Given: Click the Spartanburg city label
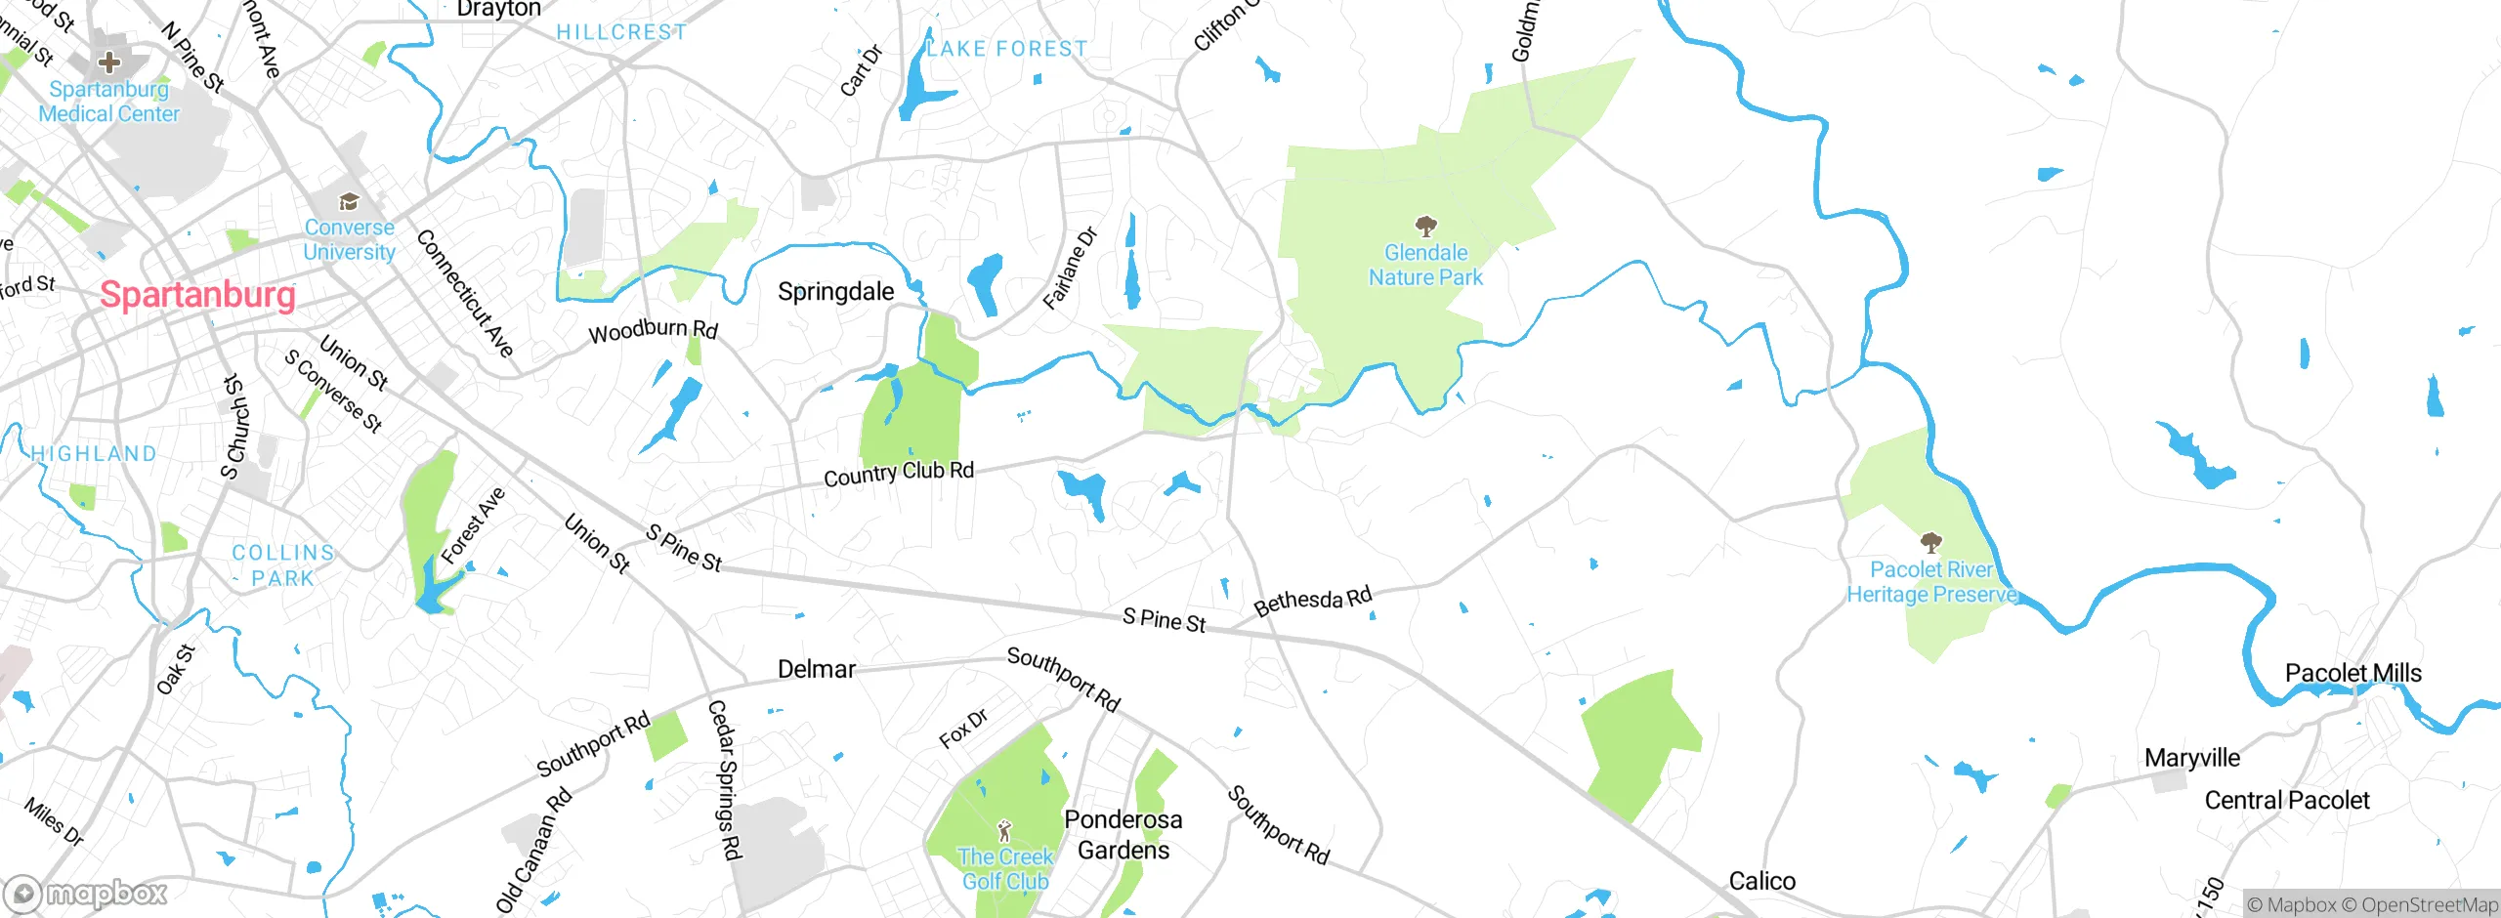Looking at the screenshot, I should [x=197, y=294].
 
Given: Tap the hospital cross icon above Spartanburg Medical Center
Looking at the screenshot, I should [x=109, y=63].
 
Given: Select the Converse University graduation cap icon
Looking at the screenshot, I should [x=349, y=202].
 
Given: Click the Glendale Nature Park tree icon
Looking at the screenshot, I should [x=1426, y=227].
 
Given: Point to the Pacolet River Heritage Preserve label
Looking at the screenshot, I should [x=1931, y=582].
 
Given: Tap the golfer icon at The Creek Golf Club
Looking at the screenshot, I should [x=1004, y=831].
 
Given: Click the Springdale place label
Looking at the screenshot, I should [x=835, y=291].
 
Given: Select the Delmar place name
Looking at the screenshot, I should [x=817, y=669].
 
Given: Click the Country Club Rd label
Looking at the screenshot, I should [x=898, y=474].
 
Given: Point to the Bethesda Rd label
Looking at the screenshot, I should [x=1313, y=601].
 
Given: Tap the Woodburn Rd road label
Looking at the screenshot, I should [x=653, y=330].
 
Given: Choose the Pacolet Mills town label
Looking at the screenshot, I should [x=2353, y=673].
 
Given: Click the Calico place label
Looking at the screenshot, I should [x=1761, y=881].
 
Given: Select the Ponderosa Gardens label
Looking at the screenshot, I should [x=1123, y=835].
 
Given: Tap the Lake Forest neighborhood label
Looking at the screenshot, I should [x=1006, y=48].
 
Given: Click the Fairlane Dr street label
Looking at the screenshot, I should [x=1071, y=269].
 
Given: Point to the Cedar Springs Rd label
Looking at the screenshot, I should [x=724, y=779].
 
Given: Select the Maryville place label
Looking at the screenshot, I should [x=2191, y=758].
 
